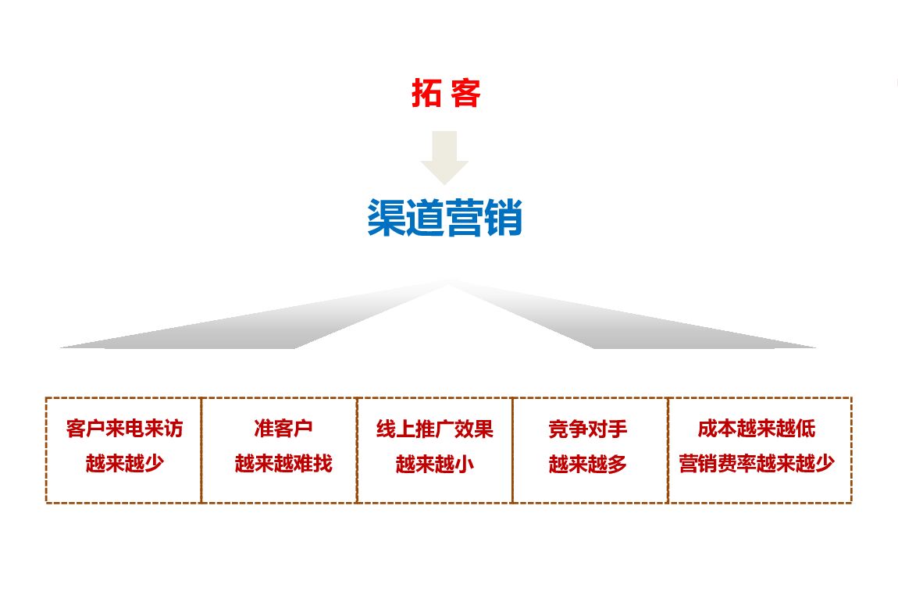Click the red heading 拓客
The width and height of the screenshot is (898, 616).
click(x=446, y=94)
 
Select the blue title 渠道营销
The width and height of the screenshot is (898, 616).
click(x=444, y=219)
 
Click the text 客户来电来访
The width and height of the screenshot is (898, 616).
click(x=125, y=429)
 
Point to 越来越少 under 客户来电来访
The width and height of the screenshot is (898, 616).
click(x=125, y=464)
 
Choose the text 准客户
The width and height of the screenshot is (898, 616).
click(x=283, y=429)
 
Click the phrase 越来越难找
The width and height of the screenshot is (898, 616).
click(x=283, y=464)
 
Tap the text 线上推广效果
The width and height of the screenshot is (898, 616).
click(x=434, y=429)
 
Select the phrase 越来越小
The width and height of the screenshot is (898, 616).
click(x=434, y=464)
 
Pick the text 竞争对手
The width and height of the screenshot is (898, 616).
click(x=588, y=429)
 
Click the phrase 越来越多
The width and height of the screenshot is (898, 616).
click(x=588, y=464)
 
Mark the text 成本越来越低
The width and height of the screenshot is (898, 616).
click(x=757, y=429)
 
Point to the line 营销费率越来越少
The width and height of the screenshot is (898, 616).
click(x=757, y=464)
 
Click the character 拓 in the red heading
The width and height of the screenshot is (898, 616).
click(x=425, y=94)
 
